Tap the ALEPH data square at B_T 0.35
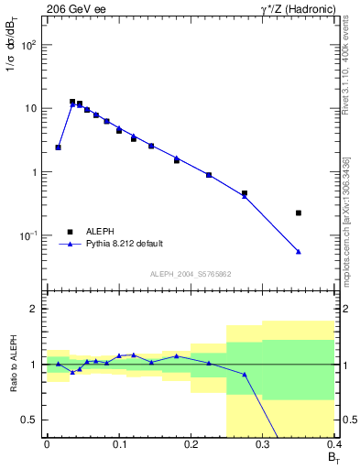coord(299,213)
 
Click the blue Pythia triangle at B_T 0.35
coord(299,252)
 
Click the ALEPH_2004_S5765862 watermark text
coord(191,274)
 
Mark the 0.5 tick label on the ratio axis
coord(30,420)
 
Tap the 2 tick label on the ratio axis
coord(35,309)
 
